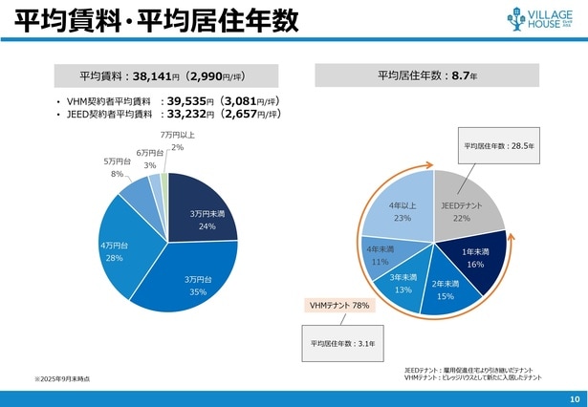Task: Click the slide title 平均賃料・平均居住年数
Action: pyautogui.click(x=148, y=19)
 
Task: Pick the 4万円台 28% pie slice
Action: pyautogui.click(x=114, y=251)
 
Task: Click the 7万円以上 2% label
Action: pyautogui.click(x=177, y=141)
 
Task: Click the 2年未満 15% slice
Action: pyautogui.click(x=445, y=289)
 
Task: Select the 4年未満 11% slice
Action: pyautogui.click(x=381, y=255)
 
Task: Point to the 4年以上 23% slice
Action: pyautogui.click(x=401, y=211)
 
